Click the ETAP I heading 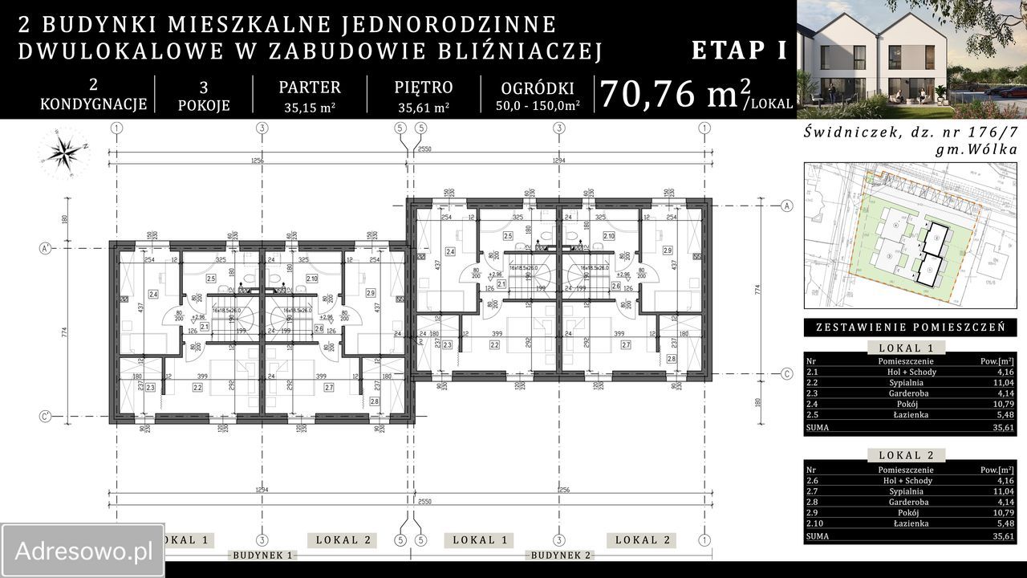click(739, 51)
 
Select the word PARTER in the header click(310, 88)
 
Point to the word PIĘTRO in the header click(424, 88)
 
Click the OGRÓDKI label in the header click(537, 88)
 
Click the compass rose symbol click(63, 153)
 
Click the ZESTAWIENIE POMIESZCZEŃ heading click(910, 328)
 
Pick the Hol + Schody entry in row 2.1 click(907, 372)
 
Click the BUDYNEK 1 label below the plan click(262, 556)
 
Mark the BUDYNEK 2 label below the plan click(561, 556)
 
